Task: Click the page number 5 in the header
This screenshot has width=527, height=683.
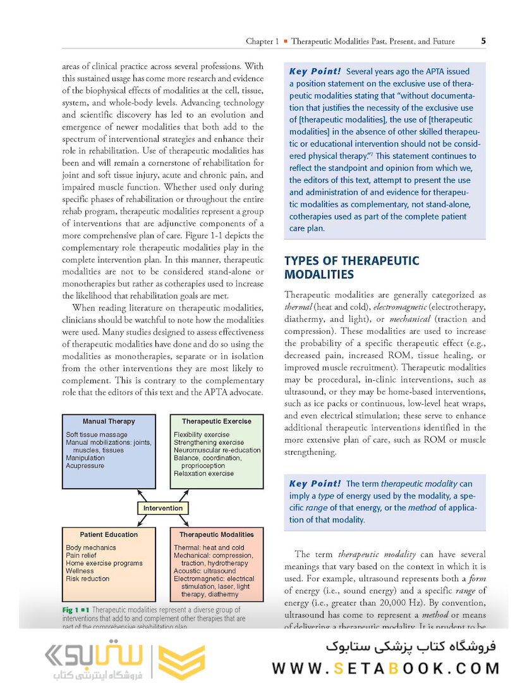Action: (483, 41)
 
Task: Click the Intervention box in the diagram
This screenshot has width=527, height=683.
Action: (162, 508)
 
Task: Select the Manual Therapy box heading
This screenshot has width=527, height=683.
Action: (109, 421)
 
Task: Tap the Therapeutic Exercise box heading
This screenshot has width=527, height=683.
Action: (216, 421)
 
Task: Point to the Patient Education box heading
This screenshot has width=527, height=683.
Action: (109, 534)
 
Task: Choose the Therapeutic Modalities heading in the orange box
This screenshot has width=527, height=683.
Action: (216, 534)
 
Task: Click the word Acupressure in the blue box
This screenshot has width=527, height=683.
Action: (85, 466)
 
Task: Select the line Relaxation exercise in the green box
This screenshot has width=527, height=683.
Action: (203, 474)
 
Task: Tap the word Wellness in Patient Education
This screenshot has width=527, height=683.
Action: (80, 571)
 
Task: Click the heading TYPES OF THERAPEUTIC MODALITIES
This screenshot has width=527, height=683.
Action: (351, 268)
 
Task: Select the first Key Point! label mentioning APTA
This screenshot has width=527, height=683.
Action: (314, 71)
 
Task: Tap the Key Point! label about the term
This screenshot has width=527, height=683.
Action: (314, 484)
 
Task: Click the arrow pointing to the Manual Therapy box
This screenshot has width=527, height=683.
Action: (142, 494)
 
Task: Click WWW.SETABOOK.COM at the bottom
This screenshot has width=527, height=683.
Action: (385, 668)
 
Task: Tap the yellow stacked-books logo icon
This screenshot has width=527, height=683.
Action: (181, 661)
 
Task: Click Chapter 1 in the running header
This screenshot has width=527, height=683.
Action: (262, 42)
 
